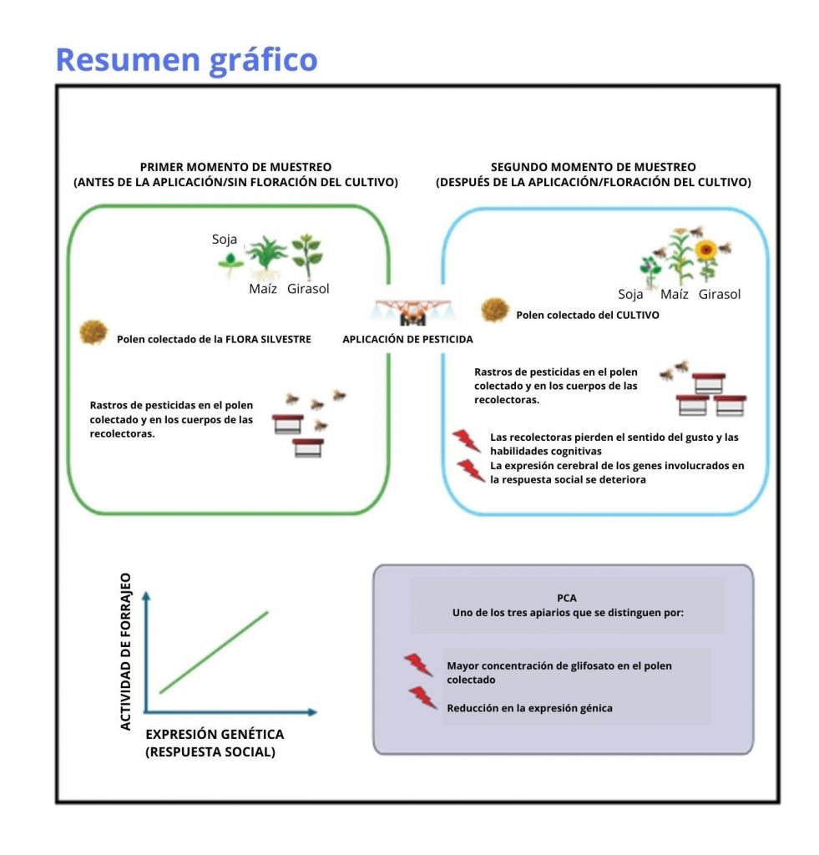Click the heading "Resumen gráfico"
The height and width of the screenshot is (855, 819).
tap(186, 60)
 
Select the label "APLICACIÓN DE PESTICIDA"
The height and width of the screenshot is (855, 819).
tap(407, 340)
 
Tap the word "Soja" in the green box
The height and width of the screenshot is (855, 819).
tap(225, 240)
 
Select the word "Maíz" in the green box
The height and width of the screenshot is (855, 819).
tap(263, 289)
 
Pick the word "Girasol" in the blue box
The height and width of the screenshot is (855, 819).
tap(720, 294)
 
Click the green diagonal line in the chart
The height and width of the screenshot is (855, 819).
tap(214, 651)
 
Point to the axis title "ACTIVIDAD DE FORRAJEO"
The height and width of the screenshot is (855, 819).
tap(126, 651)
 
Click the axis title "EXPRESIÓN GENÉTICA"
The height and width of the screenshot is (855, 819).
tap(215, 734)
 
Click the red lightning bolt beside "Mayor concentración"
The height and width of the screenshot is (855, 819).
tap(418, 665)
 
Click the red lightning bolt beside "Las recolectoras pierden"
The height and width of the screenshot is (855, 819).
tap(465, 440)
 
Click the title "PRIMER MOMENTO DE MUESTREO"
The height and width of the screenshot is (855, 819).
tap(235, 167)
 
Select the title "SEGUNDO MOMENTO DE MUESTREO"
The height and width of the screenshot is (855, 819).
tap(593, 167)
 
